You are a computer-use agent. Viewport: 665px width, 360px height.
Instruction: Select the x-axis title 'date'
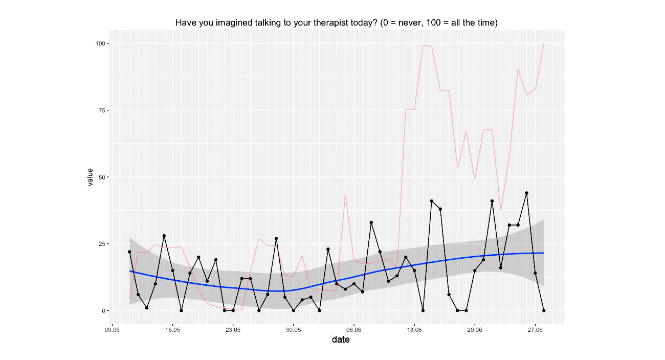point(341,340)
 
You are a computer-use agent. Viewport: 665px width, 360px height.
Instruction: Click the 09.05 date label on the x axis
point(112,330)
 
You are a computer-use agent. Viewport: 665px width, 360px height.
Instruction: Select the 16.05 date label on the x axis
point(172,330)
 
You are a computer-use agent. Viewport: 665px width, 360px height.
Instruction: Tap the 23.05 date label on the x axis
point(233,330)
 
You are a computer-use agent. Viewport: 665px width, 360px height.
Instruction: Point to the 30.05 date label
point(293,330)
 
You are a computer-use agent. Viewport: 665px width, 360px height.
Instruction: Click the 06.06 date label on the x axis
point(354,330)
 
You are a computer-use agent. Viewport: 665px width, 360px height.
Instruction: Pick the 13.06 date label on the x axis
point(414,330)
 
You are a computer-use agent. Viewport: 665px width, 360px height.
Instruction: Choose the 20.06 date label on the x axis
point(475,330)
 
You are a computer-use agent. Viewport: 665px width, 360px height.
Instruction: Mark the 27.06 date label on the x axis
point(535,330)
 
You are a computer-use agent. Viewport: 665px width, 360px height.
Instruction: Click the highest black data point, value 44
point(526,193)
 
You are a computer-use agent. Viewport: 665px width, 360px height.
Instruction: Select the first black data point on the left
point(129,252)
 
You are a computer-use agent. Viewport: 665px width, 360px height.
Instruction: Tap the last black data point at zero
point(544,310)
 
